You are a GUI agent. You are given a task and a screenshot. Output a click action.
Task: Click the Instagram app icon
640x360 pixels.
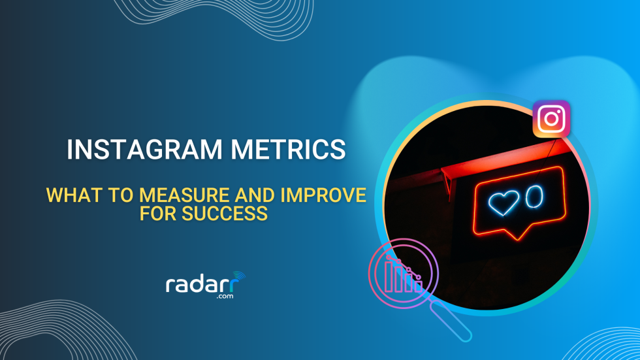551,120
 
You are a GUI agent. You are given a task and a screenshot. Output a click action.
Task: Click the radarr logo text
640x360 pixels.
203,285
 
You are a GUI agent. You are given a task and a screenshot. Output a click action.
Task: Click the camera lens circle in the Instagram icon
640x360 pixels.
551,120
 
